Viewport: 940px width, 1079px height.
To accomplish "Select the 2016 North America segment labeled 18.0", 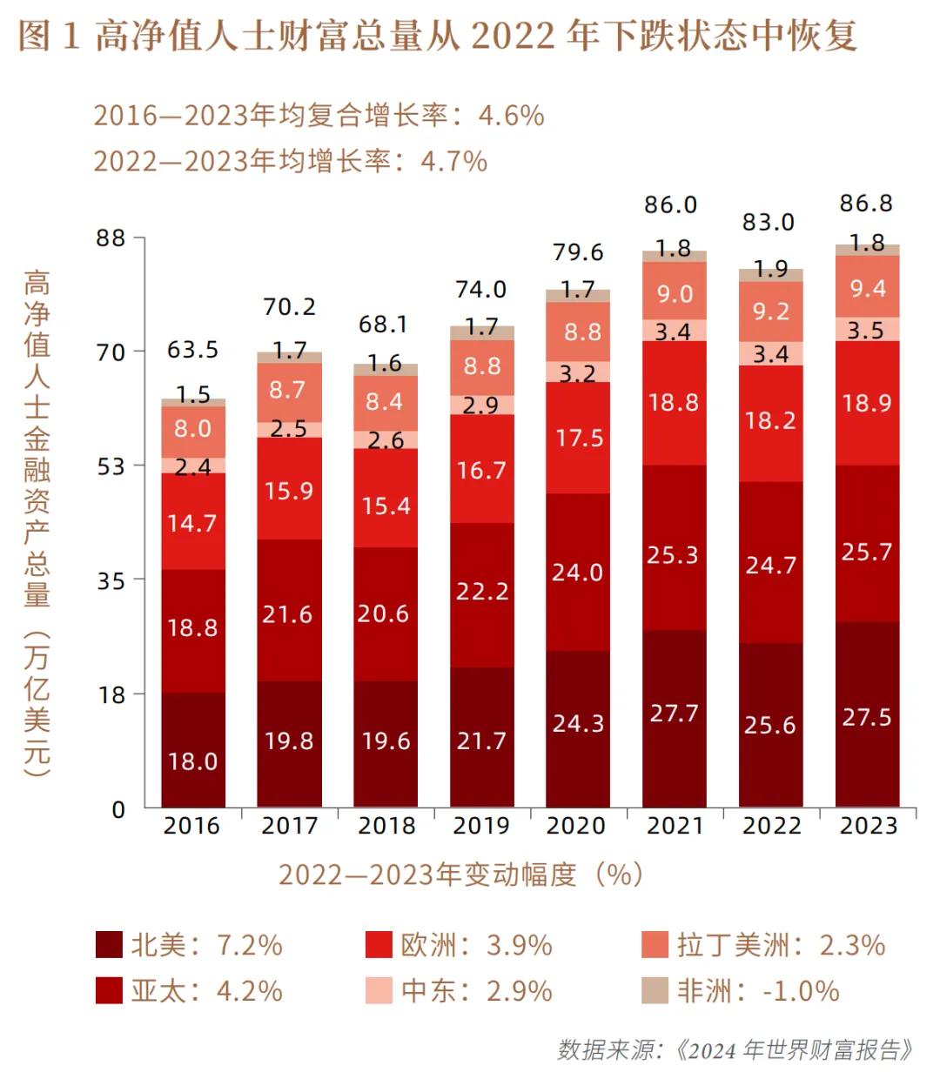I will pyautogui.click(x=192, y=761).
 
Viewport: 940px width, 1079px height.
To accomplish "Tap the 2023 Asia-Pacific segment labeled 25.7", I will pyautogui.click(x=867, y=551).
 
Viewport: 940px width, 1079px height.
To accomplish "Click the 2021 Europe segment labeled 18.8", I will pyautogui.click(x=674, y=402).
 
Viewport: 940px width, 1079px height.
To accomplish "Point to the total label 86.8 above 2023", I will pyautogui.click(x=866, y=204).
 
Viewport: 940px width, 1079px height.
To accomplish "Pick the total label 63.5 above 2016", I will pyautogui.click(x=192, y=350).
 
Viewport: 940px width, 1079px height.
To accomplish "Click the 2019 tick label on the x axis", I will pyautogui.click(x=481, y=825).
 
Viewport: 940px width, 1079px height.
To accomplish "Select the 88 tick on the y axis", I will pyautogui.click(x=111, y=238).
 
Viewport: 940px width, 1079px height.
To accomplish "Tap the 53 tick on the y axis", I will pyautogui.click(x=111, y=466).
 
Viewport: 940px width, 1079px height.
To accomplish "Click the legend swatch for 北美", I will pyautogui.click(x=109, y=945).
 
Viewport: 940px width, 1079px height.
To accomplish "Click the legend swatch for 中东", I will pyautogui.click(x=379, y=990).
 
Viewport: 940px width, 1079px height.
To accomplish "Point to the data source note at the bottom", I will pyautogui.click(x=735, y=1049).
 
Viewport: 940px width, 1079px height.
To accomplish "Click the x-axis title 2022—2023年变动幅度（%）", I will pyautogui.click(x=461, y=874).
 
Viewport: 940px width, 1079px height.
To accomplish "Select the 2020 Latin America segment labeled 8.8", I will pyautogui.click(x=578, y=332).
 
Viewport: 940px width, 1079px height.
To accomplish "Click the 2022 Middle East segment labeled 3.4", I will pyautogui.click(x=770, y=354).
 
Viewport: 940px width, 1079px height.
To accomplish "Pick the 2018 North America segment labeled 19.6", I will pyautogui.click(x=386, y=741).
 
